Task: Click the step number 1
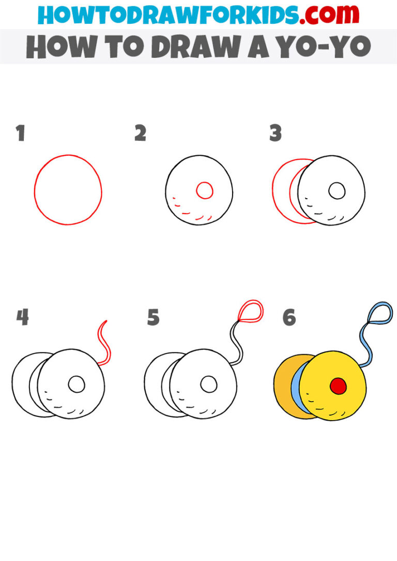(x=20, y=133)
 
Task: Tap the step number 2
(x=140, y=133)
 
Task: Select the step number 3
(x=275, y=133)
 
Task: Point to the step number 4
(x=22, y=317)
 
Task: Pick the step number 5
(x=153, y=317)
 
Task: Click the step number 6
(x=289, y=318)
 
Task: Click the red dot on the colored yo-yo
(x=338, y=385)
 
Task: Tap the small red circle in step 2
(x=205, y=190)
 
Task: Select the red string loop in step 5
(x=251, y=311)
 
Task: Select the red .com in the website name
(x=321, y=15)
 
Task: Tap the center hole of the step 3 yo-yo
(x=338, y=191)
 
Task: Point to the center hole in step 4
(x=77, y=384)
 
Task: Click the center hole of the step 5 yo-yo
(x=209, y=384)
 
